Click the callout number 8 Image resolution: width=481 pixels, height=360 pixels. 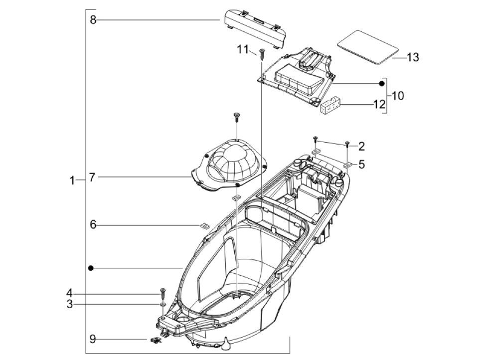(93, 20)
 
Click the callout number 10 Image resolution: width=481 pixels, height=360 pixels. (398, 95)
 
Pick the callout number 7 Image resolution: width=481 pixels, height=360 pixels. (92, 177)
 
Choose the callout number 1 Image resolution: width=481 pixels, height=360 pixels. (73, 180)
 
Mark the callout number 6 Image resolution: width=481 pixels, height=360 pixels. (93, 225)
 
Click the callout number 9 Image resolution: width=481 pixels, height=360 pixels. (93, 339)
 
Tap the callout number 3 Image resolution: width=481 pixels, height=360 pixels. (70, 304)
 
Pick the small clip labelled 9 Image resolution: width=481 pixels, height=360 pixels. (156, 340)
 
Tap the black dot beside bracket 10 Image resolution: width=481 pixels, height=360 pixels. (382, 83)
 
